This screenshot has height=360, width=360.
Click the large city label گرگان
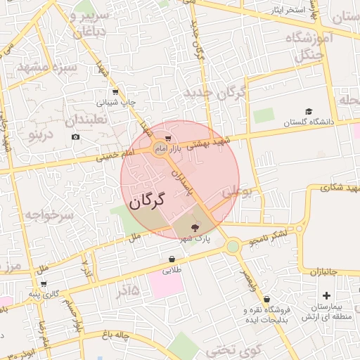click(146, 201)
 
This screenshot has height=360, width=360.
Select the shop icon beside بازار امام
click(167, 138)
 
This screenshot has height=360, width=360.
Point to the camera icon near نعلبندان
click(75, 136)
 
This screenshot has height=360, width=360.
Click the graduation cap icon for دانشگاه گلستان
click(309, 111)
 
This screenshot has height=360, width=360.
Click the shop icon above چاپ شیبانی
click(115, 92)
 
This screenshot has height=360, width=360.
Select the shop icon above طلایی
click(172, 258)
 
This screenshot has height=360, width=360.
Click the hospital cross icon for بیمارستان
click(326, 295)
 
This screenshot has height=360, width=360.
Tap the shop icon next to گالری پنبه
click(44, 285)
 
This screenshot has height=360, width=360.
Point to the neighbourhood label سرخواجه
click(46, 215)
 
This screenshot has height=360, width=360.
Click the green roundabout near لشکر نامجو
click(233, 246)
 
